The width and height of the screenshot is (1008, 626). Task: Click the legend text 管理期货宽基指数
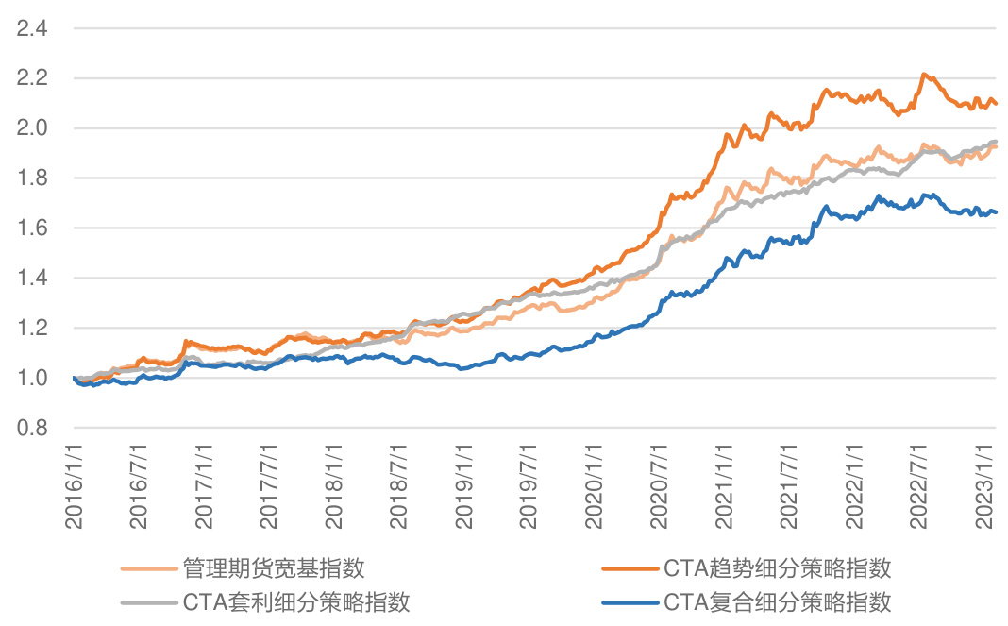pyautogui.click(x=274, y=568)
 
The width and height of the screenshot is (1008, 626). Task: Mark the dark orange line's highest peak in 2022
pyautogui.click(x=924, y=74)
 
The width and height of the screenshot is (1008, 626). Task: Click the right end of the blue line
pyautogui.click(x=996, y=212)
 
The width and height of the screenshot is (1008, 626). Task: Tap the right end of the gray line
pyautogui.click(x=996, y=142)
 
